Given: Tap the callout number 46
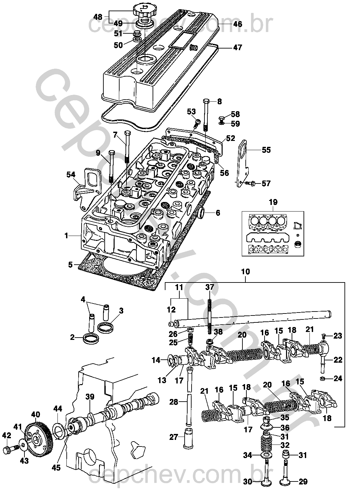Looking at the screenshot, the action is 237,24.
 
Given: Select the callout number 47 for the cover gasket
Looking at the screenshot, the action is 237,47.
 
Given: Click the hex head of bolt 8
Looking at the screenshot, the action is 205,101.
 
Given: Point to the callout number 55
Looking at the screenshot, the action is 266,150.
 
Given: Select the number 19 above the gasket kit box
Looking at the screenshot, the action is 273,202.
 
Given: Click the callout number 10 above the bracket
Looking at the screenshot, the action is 245,271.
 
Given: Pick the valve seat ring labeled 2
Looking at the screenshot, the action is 91,339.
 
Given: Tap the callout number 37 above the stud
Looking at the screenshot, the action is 210,287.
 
